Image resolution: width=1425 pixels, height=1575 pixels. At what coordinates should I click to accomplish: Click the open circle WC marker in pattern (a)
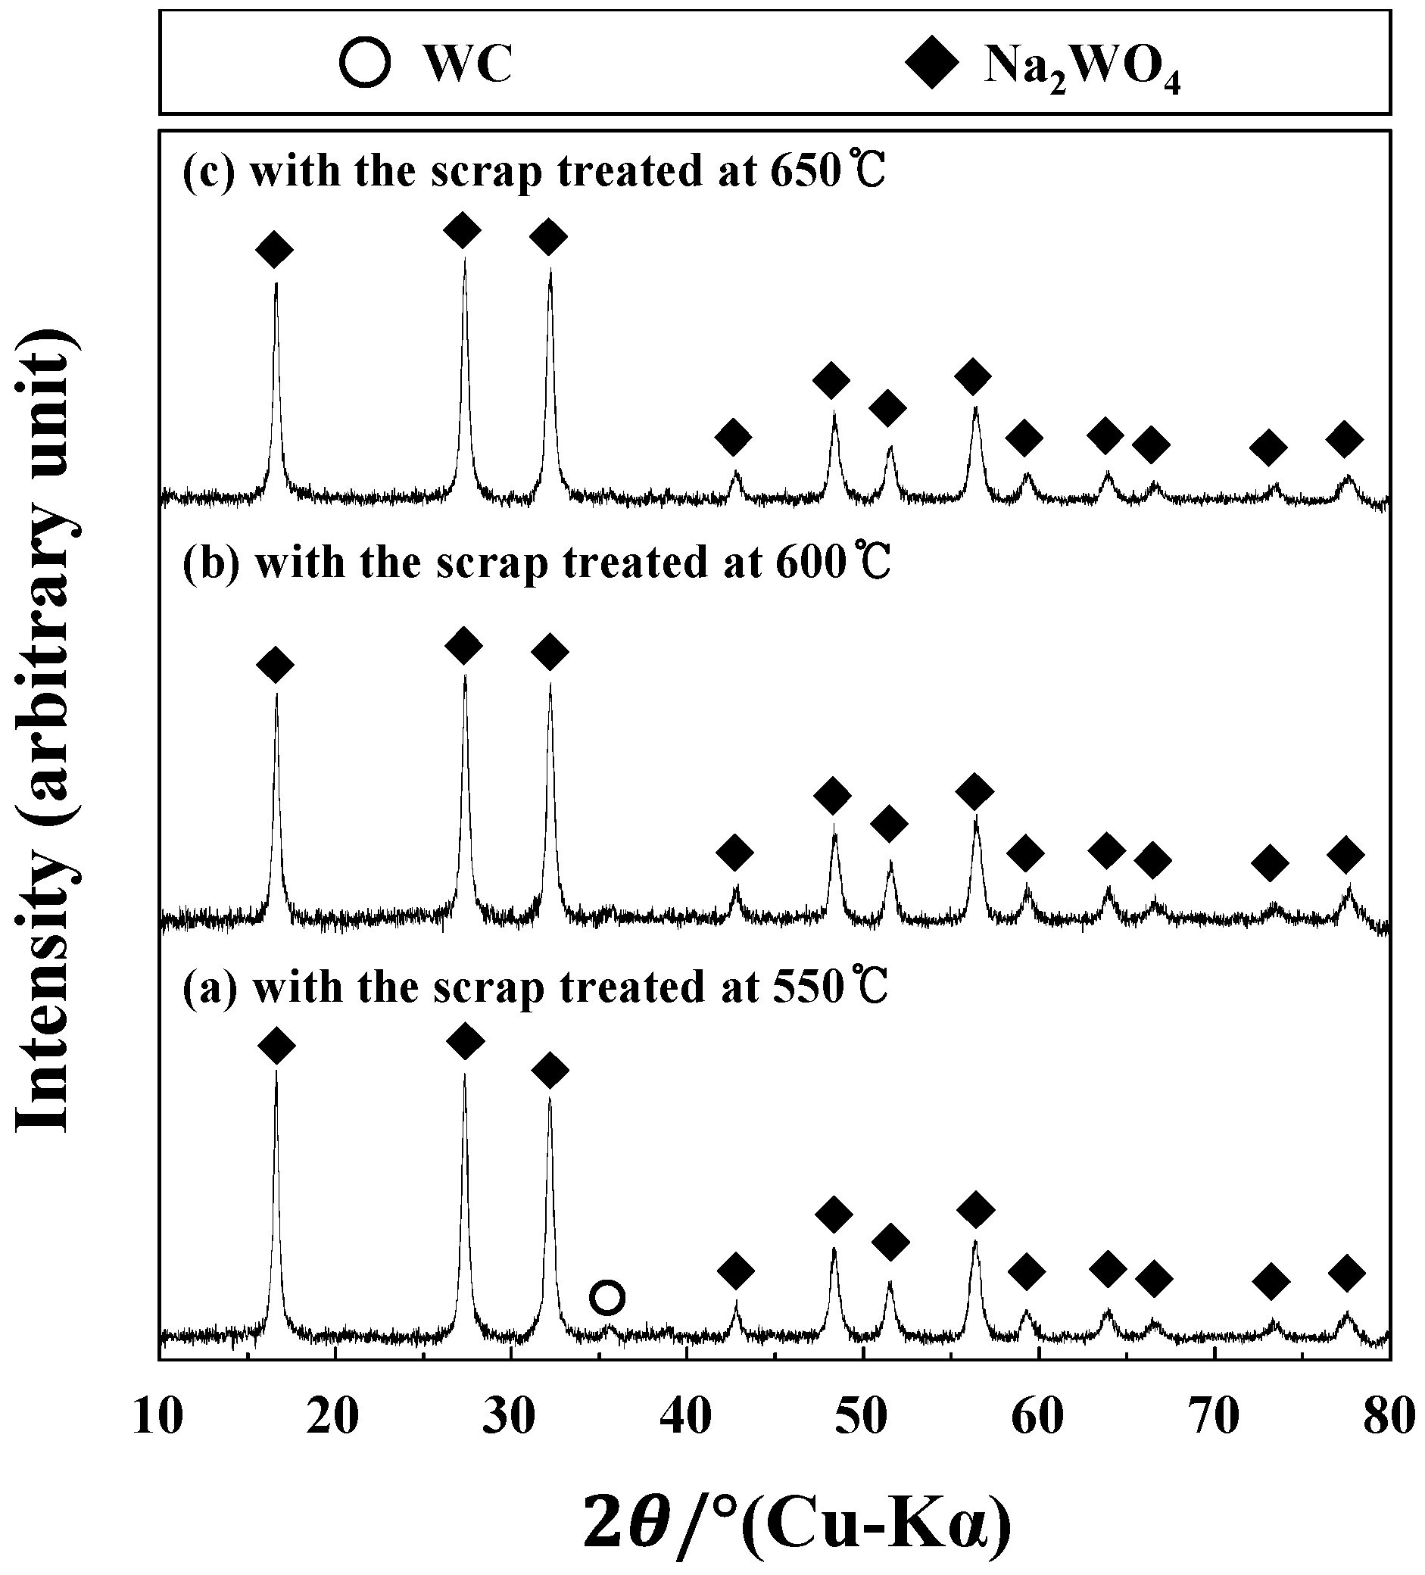pyautogui.click(x=607, y=1298)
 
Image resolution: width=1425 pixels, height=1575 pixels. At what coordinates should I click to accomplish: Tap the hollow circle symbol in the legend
pyautogui.click(x=364, y=64)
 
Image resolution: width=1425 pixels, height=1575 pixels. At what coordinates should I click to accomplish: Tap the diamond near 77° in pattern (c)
pyautogui.click(x=1344, y=439)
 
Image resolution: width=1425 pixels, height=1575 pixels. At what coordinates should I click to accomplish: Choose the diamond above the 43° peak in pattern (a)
pyautogui.click(x=735, y=1271)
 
